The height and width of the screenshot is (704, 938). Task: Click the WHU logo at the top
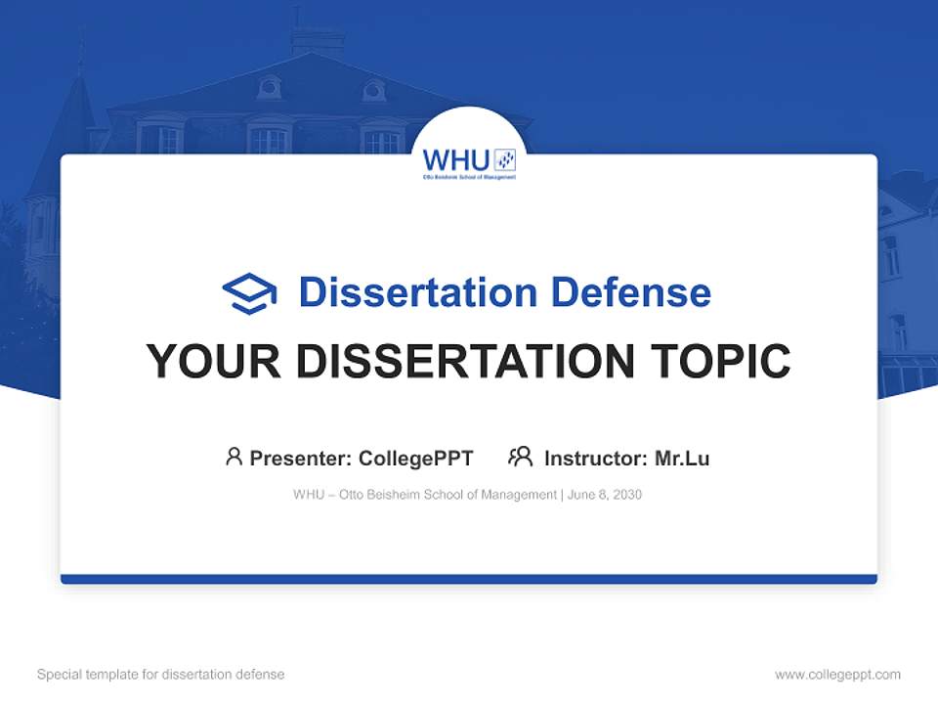[469, 161]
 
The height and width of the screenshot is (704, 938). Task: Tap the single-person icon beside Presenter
[234, 457]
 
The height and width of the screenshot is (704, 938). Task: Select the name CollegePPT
[415, 458]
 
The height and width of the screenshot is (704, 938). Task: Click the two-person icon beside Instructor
[521, 457]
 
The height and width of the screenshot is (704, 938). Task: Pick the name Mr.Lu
[682, 458]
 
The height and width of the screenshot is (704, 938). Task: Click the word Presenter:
[301, 458]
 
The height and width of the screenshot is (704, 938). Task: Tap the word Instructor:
[595, 458]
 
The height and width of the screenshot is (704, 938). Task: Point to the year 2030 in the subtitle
[626, 495]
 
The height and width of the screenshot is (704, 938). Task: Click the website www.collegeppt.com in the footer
[837, 675]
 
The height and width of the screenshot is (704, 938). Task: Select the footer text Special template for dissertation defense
[161, 675]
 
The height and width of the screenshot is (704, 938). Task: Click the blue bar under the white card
[469, 579]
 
